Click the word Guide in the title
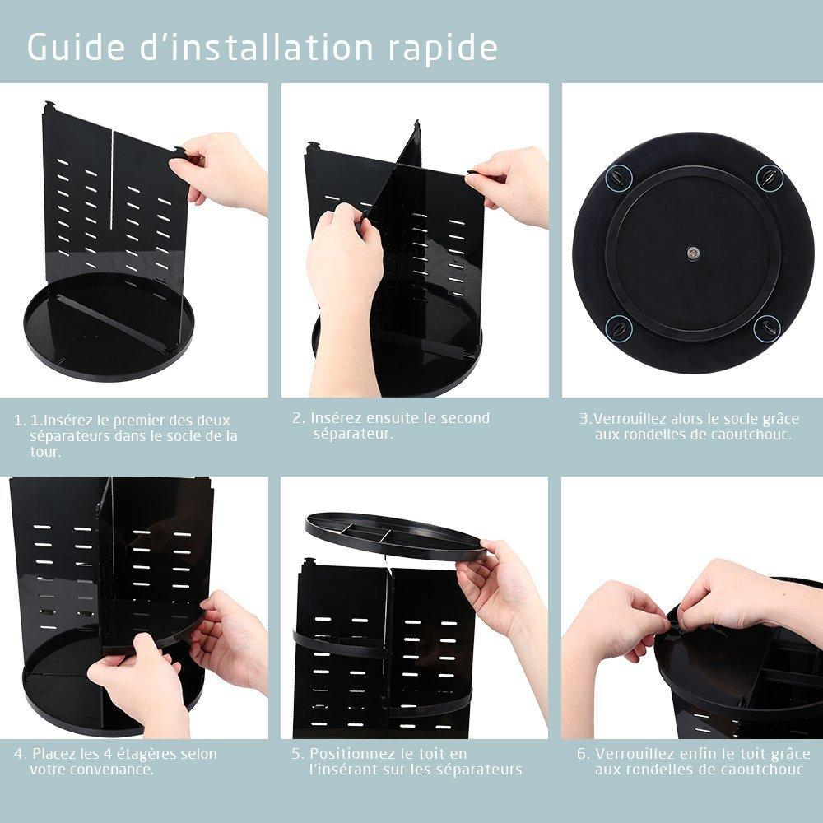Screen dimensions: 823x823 click(74, 47)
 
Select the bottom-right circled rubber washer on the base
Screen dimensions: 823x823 click(767, 328)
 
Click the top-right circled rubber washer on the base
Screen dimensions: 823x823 click(769, 177)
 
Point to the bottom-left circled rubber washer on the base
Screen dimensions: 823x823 click(618, 329)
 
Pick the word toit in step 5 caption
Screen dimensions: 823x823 click(424, 754)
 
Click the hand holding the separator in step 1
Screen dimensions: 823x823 click(222, 173)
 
